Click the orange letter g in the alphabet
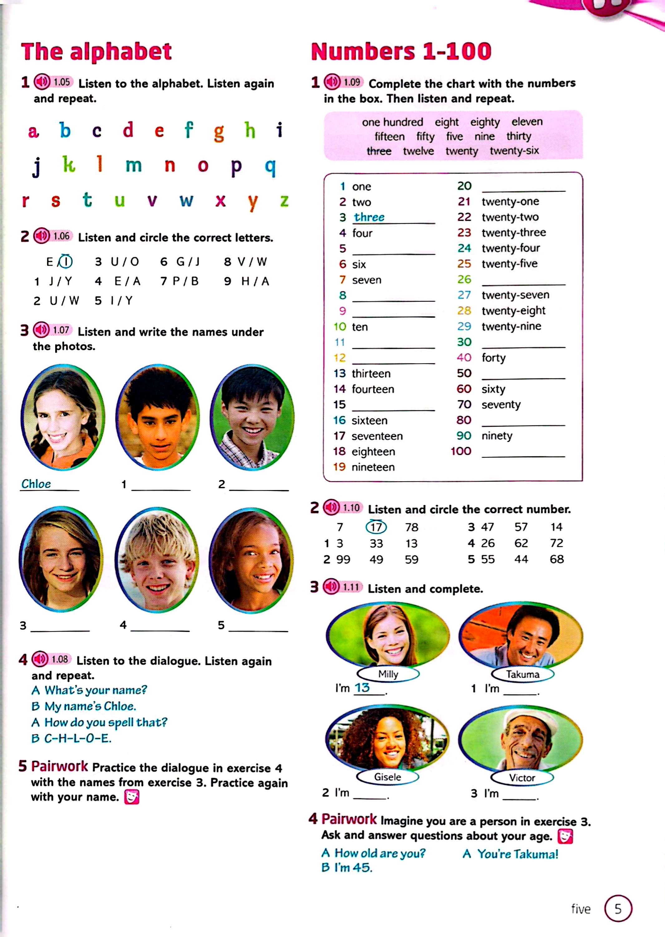point(219,132)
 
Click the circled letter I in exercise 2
point(66,261)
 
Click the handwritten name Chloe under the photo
point(36,484)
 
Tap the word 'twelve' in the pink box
point(418,151)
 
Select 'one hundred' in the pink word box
point(392,122)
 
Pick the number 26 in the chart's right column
point(464,279)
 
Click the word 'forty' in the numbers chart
point(493,358)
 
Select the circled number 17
point(376,527)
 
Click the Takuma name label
point(522,674)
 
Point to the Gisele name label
point(387,777)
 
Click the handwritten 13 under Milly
point(362,687)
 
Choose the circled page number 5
point(618,909)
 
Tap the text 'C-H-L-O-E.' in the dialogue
point(77,738)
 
